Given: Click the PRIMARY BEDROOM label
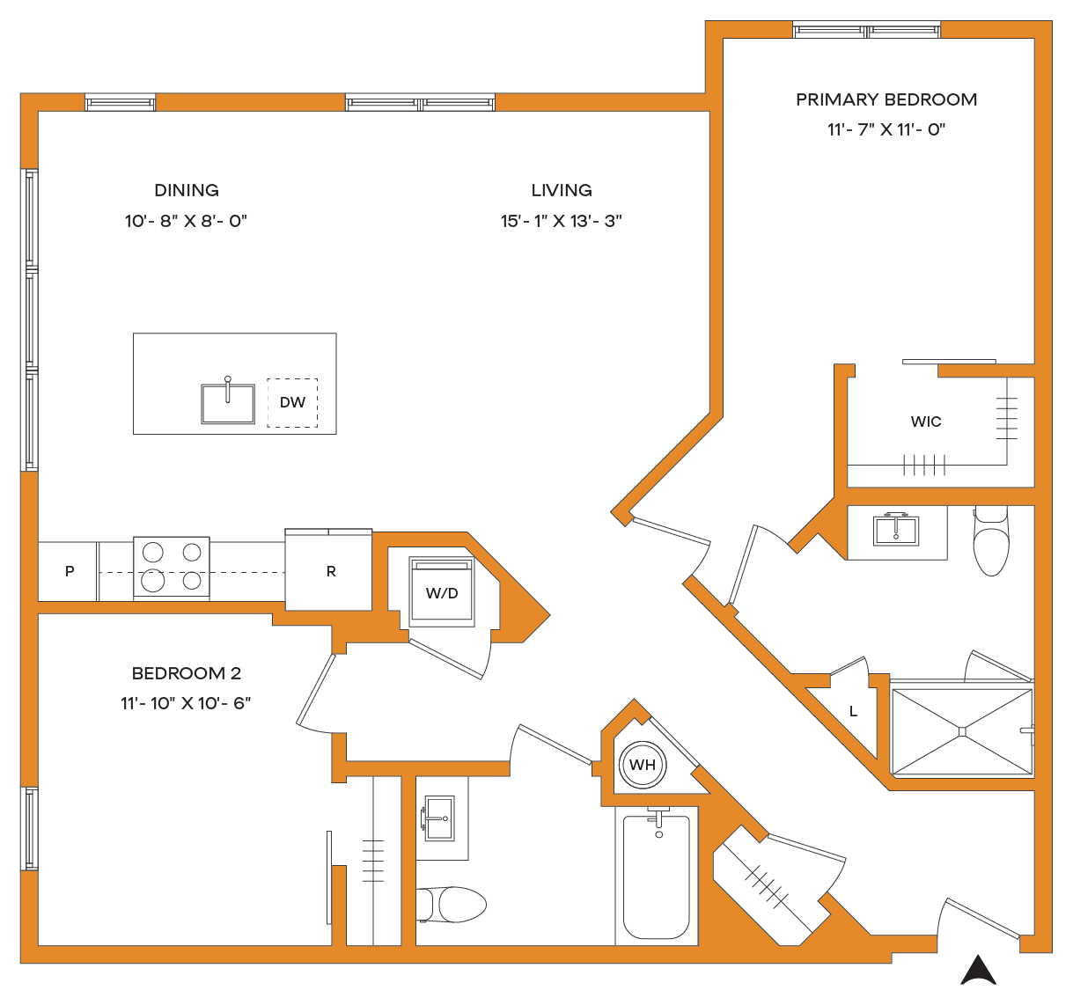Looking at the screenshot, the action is coord(886,100).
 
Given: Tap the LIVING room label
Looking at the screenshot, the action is coord(562,190).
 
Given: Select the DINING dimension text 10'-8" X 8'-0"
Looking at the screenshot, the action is coord(186,221).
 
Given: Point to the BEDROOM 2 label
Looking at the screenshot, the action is coord(187,673).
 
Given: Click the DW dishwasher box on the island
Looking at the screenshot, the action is coord(292,402).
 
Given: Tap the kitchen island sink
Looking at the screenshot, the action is coord(228,404).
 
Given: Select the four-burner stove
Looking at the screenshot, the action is coord(172,567).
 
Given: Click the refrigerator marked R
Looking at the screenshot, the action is coord(328,569).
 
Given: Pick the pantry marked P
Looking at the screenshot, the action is coord(68,571).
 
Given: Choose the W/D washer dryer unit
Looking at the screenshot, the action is coord(442,592).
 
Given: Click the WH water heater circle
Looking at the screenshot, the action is coord(643,765).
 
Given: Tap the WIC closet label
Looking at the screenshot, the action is coord(926,422).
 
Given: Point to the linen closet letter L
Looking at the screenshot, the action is coord(854,711).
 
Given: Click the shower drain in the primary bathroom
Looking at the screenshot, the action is coord(962,731).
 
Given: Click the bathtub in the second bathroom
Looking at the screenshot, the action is coord(657,877).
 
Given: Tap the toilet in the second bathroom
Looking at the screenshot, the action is coord(452,905).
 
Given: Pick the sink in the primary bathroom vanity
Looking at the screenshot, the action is coord(896,529).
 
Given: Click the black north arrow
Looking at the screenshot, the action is coord(979,970).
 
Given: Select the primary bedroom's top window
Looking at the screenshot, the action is coord(867,30).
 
